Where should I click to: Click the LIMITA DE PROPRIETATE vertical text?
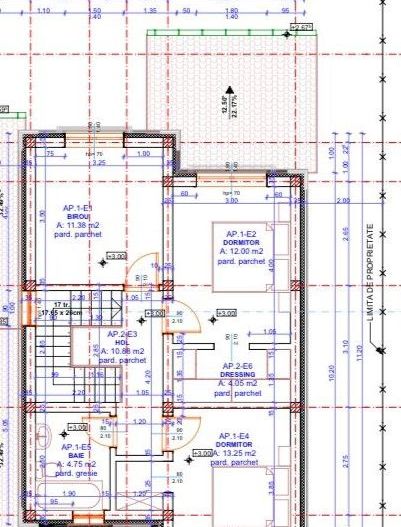pos(369,271)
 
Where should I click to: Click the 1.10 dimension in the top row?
pos(43,10)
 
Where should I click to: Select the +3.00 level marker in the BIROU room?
pos(116,257)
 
